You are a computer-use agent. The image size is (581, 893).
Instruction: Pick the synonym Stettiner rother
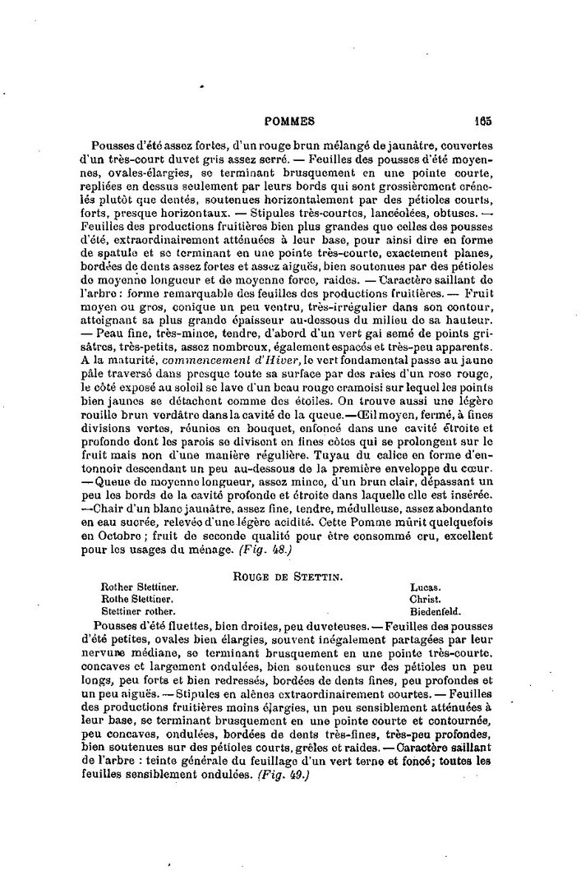[x=138, y=611]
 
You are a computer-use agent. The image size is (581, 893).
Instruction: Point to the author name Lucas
[x=426, y=588]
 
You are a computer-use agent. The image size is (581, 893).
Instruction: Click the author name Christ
[x=425, y=600]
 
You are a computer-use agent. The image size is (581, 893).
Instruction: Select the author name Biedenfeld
[x=436, y=611]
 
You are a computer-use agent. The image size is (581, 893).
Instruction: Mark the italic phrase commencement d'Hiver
[x=200, y=359]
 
